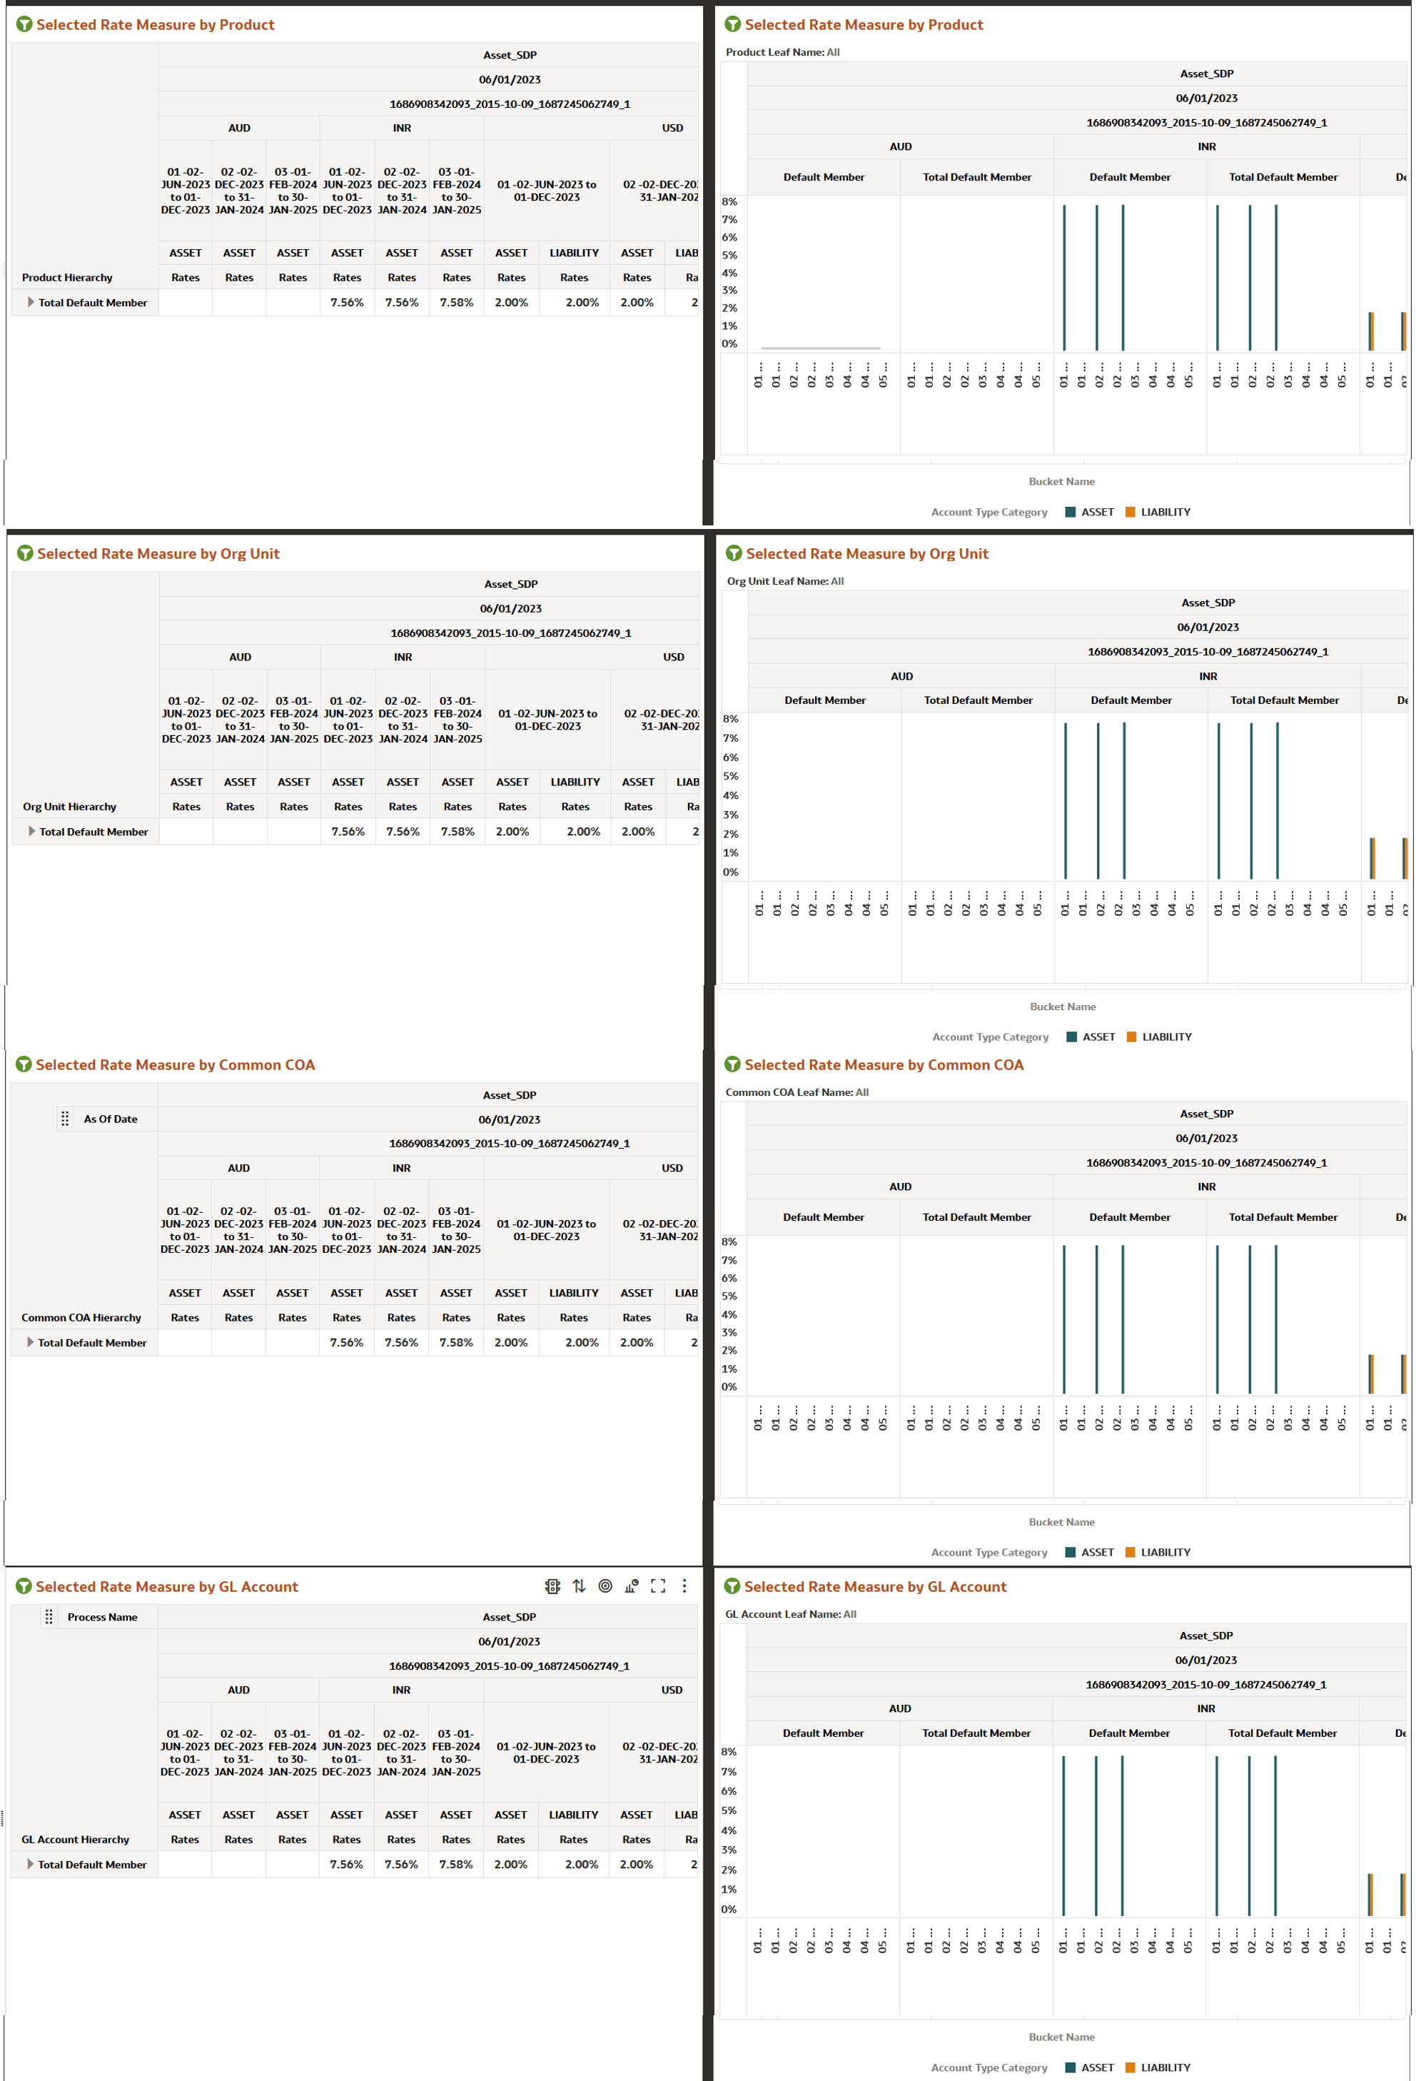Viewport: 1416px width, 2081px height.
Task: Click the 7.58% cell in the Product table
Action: coord(457,303)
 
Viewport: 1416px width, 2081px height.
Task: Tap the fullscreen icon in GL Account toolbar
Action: coord(658,1586)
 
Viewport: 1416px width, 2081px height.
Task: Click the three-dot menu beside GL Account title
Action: coord(684,1586)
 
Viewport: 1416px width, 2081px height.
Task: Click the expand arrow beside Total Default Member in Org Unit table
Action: coord(31,831)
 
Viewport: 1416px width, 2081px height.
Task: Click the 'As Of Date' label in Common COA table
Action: coord(110,1119)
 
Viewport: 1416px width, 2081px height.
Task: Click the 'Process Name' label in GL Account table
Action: coord(102,1617)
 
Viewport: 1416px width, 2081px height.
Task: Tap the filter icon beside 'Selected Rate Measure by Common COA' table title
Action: coord(24,1064)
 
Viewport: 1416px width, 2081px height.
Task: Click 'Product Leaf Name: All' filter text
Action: coord(782,52)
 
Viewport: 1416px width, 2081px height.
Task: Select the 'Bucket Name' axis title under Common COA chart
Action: coord(1061,1522)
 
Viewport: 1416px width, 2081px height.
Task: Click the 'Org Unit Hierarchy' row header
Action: coord(69,807)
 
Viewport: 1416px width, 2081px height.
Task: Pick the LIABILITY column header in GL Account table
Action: coord(574,1815)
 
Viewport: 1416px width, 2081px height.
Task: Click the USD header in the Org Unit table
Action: coord(673,657)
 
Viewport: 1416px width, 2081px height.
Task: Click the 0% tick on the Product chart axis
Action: coord(729,344)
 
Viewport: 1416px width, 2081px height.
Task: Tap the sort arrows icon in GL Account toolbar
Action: coord(579,1586)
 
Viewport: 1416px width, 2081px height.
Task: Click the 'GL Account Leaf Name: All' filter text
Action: coord(790,1615)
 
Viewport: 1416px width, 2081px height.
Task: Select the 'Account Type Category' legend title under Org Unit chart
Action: coord(990,1037)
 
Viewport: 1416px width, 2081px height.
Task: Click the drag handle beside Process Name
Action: coord(49,1617)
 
